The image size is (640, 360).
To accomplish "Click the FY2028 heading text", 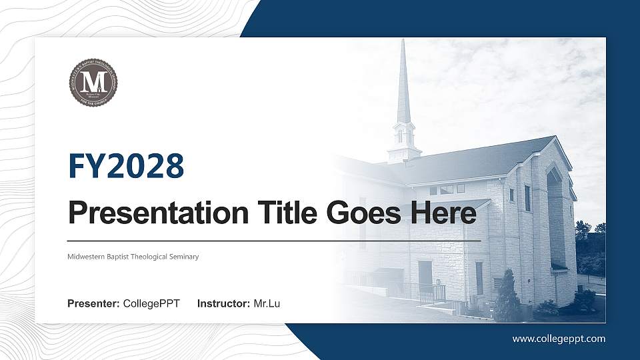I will [126, 167].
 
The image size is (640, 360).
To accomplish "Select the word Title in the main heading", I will [282, 213].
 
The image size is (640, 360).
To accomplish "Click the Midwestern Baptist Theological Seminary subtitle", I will [133, 257].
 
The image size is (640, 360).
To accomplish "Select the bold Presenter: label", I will [93, 304].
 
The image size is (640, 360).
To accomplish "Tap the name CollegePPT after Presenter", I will [151, 304].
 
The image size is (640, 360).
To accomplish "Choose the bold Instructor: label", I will [224, 304].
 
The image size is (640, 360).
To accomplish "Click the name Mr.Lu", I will [267, 304].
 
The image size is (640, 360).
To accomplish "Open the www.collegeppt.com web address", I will [559, 339].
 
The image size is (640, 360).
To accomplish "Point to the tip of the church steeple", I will [403, 41].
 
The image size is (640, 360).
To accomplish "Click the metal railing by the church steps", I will [427, 291].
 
